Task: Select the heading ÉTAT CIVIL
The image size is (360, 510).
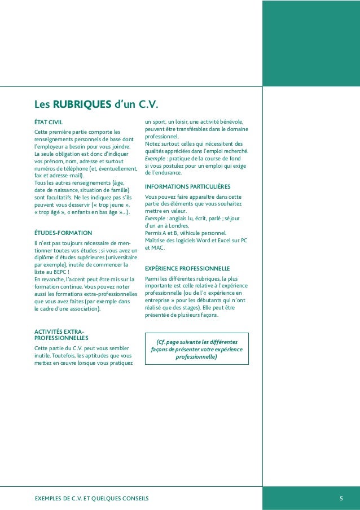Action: click(x=49, y=121)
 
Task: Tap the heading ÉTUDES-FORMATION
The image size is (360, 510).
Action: click(x=63, y=233)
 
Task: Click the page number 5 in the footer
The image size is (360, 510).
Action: click(x=341, y=498)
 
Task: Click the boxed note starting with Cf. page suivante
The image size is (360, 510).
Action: click(x=196, y=350)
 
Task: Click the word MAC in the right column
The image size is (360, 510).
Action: click(x=159, y=247)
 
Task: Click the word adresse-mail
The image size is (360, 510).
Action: click(x=64, y=176)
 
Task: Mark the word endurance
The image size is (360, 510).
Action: click(x=168, y=173)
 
